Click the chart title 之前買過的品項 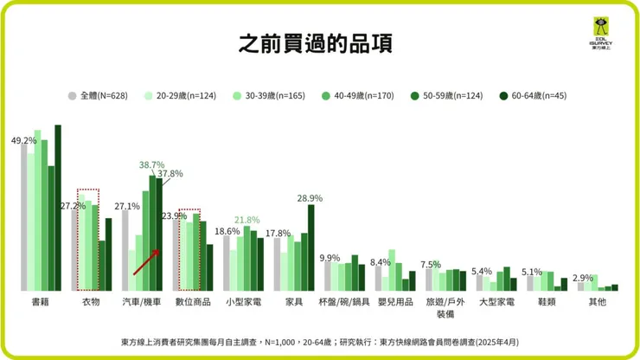point(319,44)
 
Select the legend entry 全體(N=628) point(98,95)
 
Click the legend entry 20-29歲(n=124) point(175,95)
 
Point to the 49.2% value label point(23,140)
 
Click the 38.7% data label point(152,164)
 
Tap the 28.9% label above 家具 point(309,198)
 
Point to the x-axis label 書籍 point(40,303)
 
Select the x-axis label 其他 point(598,303)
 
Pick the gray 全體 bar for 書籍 point(23,216)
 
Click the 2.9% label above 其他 point(585,277)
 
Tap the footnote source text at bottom point(319,341)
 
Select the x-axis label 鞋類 point(547,303)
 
